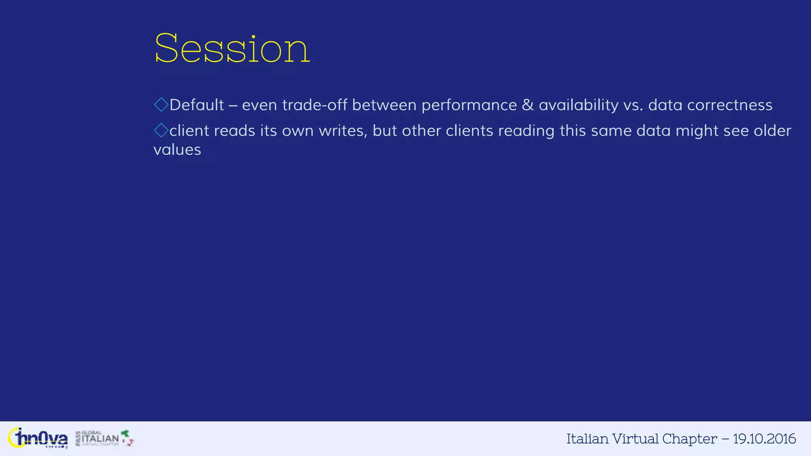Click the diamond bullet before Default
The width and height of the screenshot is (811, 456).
pyautogui.click(x=161, y=105)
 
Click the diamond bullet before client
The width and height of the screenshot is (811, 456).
pyautogui.click(x=161, y=130)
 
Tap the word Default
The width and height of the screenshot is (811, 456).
pyautogui.click(x=197, y=105)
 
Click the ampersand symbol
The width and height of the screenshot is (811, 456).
pyautogui.click(x=527, y=105)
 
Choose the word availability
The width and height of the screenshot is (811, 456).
pyautogui.click(x=578, y=105)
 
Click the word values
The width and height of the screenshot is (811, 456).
pyautogui.click(x=177, y=150)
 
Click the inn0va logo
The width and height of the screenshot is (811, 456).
pyautogui.click(x=38, y=439)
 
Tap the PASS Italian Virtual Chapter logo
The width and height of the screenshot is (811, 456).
pyautogui.click(x=105, y=439)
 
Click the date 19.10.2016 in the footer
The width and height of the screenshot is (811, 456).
pyautogui.click(x=764, y=439)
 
